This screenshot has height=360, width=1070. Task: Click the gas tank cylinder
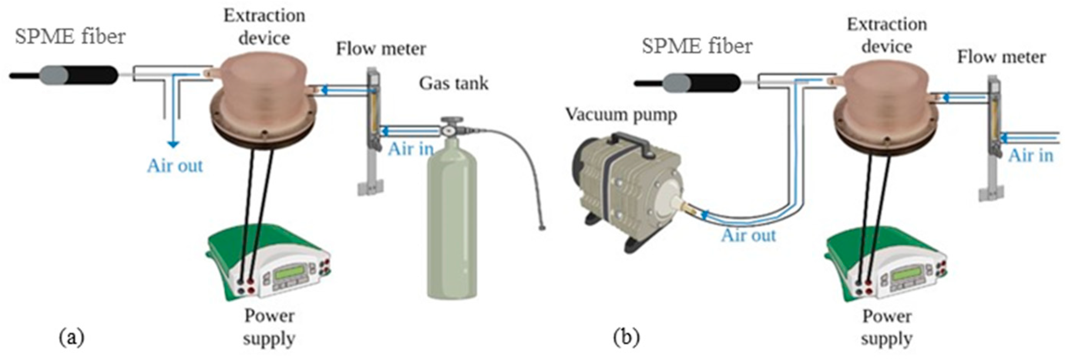453,224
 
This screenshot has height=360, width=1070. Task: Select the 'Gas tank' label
453,84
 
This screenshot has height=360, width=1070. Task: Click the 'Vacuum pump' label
622,114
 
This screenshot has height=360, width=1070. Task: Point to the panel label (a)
72,337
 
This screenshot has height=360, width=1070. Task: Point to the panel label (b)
627,337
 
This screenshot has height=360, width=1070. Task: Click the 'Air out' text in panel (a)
175,166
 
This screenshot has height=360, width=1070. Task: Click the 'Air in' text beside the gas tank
410,149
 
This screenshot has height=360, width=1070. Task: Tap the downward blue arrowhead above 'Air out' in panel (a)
173,144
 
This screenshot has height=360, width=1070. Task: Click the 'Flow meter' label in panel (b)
1001,57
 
